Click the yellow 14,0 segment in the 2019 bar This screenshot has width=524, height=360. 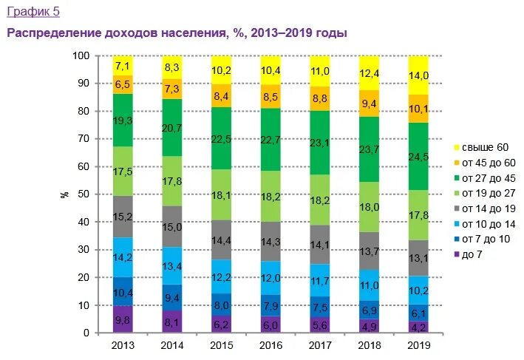coord(418,75)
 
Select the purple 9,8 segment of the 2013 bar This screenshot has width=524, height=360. coord(122,319)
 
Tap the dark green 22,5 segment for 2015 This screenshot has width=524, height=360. coord(220,138)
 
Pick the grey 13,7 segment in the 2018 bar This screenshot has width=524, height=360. coord(368,251)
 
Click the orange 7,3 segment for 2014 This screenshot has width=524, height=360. coord(171,89)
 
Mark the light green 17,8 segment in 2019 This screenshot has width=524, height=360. coord(418,214)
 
